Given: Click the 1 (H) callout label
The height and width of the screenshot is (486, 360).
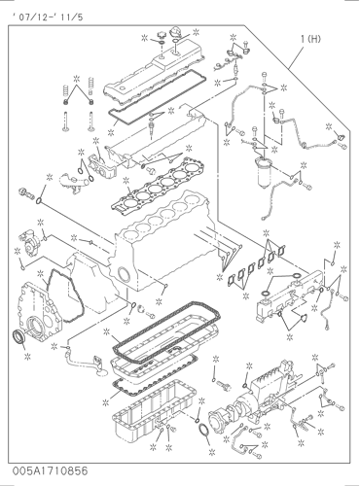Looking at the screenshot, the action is pyautogui.click(x=310, y=39).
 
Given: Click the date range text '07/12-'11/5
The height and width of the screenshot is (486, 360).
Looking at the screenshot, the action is pyautogui.click(x=48, y=17).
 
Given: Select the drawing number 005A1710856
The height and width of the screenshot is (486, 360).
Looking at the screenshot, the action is pyautogui.click(x=51, y=470).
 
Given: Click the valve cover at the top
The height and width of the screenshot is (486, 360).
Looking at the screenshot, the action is pyautogui.click(x=154, y=73).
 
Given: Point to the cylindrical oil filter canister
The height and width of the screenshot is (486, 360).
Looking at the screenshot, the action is pyautogui.click(x=265, y=173).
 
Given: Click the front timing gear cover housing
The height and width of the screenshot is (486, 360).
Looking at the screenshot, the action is pyautogui.click(x=41, y=312).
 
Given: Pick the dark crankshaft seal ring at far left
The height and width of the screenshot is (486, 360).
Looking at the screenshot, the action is pyautogui.click(x=18, y=336).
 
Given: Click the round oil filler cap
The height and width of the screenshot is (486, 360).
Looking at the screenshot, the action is pyautogui.click(x=162, y=35).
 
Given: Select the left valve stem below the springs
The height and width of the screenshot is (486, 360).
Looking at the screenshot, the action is pyautogui.click(x=66, y=121).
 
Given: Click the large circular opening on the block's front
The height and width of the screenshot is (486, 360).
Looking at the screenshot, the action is pyautogui.click(x=124, y=274).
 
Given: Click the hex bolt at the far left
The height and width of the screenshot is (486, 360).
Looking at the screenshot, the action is pyautogui.click(x=26, y=192).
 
